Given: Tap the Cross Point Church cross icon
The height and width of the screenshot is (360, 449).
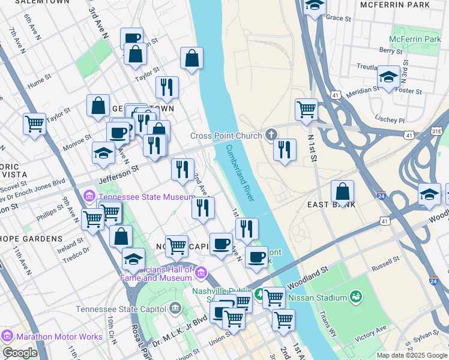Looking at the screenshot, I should (x=271, y=135).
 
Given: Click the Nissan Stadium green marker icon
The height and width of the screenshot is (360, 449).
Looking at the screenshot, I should (x=356, y=297).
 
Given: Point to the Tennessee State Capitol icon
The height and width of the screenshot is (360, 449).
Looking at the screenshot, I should (x=175, y=309).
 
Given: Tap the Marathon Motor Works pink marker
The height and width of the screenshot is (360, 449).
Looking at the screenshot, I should (x=7, y=337).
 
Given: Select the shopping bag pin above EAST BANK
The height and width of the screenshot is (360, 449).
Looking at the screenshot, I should (x=342, y=192).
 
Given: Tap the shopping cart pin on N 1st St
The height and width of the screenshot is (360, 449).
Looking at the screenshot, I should (x=306, y=110).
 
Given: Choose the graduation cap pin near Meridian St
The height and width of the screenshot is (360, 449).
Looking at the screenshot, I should (x=389, y=77).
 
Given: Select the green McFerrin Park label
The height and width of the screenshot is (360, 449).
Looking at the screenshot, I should (x=415, y=39).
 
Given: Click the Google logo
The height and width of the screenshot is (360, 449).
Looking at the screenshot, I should (x=20, y=353).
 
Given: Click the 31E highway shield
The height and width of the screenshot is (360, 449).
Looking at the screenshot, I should (x=437, y=131).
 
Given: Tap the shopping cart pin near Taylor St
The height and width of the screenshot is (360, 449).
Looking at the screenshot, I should (x=34, y=124).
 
